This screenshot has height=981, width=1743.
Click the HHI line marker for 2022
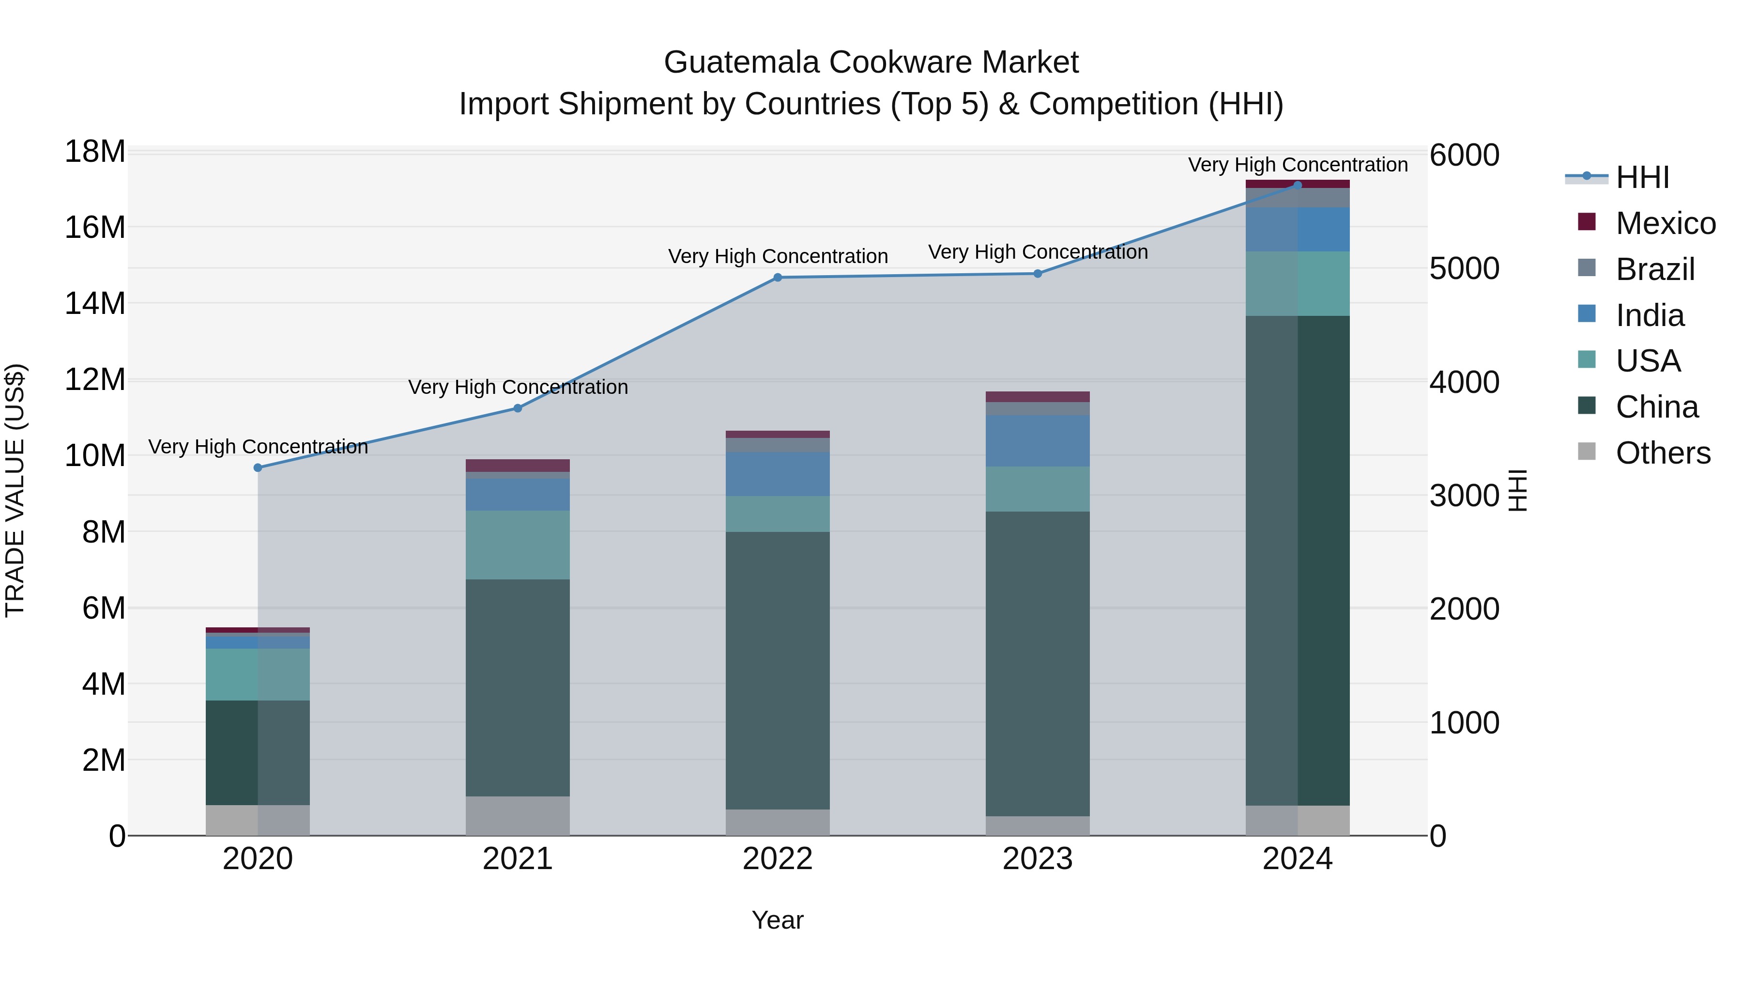coord(778,278)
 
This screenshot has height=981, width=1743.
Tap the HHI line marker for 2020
coord(258,468)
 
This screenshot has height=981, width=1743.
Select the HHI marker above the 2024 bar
coord(1297,185)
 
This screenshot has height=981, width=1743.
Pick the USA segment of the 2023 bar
coord(1037,489)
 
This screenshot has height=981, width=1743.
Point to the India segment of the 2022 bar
coord(778,474)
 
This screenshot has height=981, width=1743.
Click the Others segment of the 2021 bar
coord(518,816)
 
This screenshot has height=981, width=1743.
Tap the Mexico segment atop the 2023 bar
coord(1037,397)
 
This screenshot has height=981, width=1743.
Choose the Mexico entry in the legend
coord(1665,223)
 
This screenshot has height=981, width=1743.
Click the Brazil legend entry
coord(1654,269)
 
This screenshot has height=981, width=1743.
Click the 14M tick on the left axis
coord(95,303)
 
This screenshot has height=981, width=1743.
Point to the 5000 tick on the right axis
coord(1464,269)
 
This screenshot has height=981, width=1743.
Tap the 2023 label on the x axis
coord(1037,859)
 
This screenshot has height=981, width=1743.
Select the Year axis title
coord(778,920)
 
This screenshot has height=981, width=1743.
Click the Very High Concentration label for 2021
coord(518,387)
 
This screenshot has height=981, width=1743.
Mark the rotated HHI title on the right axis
coord(1518,490)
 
